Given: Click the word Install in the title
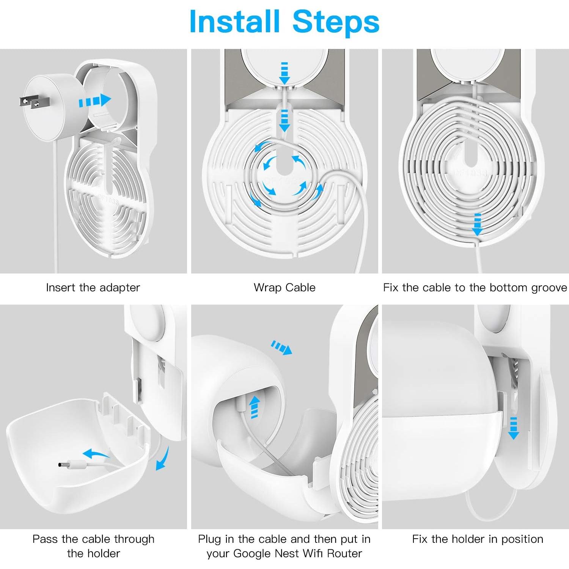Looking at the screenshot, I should [x=234, y=22].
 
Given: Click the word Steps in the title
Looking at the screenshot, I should [x=336, y=22].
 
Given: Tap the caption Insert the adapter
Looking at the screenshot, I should [x=93, y=288].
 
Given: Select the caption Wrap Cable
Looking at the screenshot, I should [x=284, y=288].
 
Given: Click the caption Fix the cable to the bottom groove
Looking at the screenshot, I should [x=475, y=288].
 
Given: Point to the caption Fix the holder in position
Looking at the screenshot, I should [x=478, y=539].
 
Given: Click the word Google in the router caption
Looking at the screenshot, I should [x=252, y=553].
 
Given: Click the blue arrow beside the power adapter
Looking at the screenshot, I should [x=94, y=101].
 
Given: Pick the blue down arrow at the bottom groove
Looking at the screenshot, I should [x=478, y=225].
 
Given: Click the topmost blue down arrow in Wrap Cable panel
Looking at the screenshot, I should [x=284, y=73].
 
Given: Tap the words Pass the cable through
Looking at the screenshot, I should [x=93, y=539].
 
